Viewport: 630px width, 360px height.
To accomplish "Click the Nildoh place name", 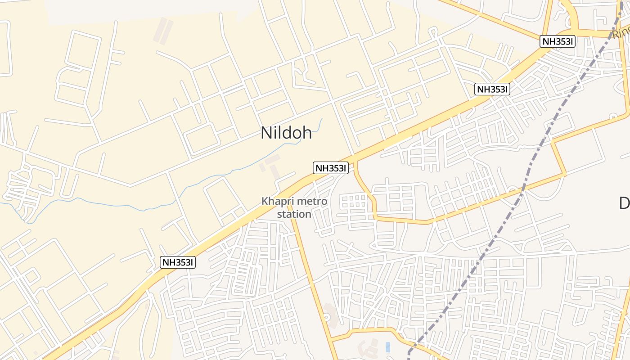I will pyautogui.click(x=286, y=133).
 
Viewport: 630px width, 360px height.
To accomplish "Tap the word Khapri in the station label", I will pyautogui.click(x=276, y=201).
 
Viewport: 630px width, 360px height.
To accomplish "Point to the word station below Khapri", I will pyautogui.click(x=294, y=214).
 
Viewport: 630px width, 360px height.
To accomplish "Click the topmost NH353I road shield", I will pyautogui.click(x=558, y=41).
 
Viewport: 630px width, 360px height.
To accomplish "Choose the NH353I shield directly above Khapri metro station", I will pyautogui.click(x=331, y=168).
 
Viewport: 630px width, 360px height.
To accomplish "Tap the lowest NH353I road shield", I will pyautogui.click(x=178, y=262).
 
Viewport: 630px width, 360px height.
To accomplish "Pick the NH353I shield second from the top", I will pyautogui.click(x=492, y=89).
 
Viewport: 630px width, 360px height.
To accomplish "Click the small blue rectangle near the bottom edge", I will pyautogui.click(x=388, y=347).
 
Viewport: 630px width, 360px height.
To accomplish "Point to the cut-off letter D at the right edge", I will pyautogui.click(x=625, y=203).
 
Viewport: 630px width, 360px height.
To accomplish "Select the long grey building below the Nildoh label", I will pyautogui.click(x=274, y=170).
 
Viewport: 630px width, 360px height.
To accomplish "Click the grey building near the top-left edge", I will pyautogui.click(x=163, y=31).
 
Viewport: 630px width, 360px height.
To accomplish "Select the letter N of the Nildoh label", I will pyautogui.click(x=266, y=133).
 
